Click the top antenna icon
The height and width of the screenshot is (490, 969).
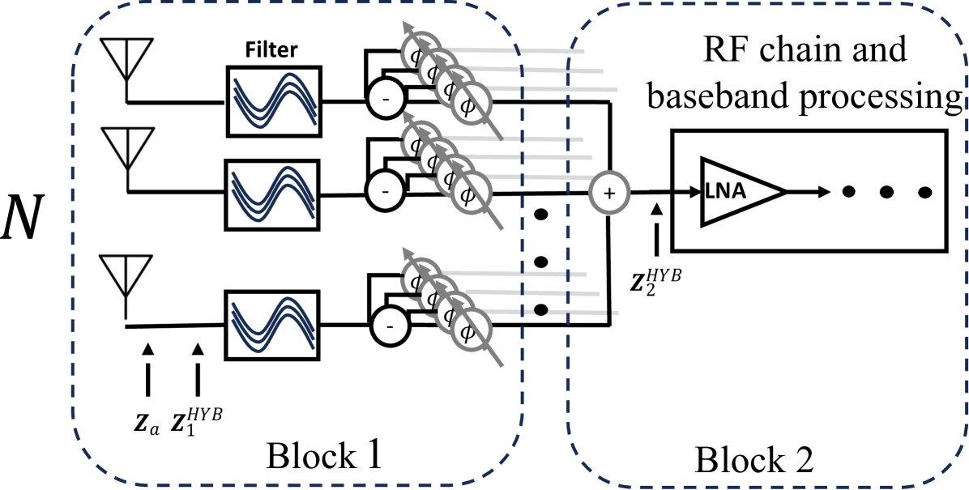(126, 70)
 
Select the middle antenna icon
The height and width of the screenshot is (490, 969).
(127, 159)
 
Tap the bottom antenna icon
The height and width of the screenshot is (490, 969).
(126, 285)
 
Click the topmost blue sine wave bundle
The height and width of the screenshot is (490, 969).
(275, 100)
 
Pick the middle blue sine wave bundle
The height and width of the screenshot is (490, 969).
(273, 193)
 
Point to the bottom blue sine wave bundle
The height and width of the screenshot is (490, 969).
(273, 323)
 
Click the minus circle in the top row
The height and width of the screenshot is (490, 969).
(386, 99)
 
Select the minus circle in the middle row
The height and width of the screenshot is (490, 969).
(385, 191)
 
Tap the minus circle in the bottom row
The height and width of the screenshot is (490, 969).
(390, 326)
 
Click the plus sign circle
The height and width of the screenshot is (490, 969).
(609, 193)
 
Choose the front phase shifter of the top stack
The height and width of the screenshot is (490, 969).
(471, 104)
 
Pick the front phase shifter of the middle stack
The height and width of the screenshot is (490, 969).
(471, 194)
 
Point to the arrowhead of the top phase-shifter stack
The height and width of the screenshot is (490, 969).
(408, 26)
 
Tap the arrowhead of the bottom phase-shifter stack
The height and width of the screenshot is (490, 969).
(408, 253)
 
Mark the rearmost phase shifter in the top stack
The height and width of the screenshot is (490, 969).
(420, 53)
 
